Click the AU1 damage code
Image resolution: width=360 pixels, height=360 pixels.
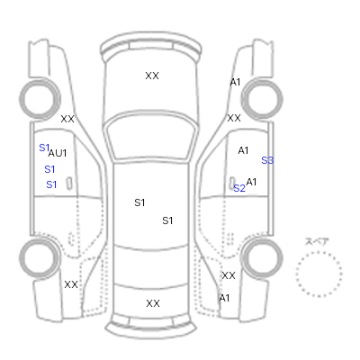tap(58, 153)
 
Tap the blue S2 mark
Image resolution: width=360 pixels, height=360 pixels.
tap(239, 188)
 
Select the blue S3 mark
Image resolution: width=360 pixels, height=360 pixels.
tap(267, 160)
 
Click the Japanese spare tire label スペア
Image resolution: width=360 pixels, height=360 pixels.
tap(317, 241)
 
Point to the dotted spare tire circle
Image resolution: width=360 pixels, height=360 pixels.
tap(319, 252)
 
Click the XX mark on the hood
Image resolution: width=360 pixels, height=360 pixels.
tap(152, 76)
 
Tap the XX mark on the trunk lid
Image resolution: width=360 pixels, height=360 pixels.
tap(153, 303)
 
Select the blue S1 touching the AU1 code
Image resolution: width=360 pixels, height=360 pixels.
tap(44, 148)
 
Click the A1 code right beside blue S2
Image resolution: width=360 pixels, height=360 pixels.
tap(251, 182)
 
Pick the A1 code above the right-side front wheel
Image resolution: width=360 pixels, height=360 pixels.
tap(235, 82)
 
